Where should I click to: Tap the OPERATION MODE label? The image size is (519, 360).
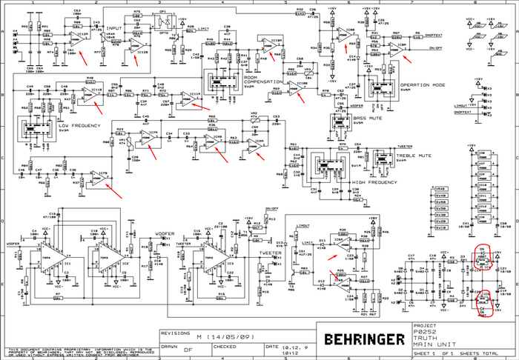[422, 84]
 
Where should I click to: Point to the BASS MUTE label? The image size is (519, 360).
[368, 119]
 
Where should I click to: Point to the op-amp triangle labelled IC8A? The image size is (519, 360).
[401, 47]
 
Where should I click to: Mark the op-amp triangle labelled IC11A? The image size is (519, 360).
[193, 96]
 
